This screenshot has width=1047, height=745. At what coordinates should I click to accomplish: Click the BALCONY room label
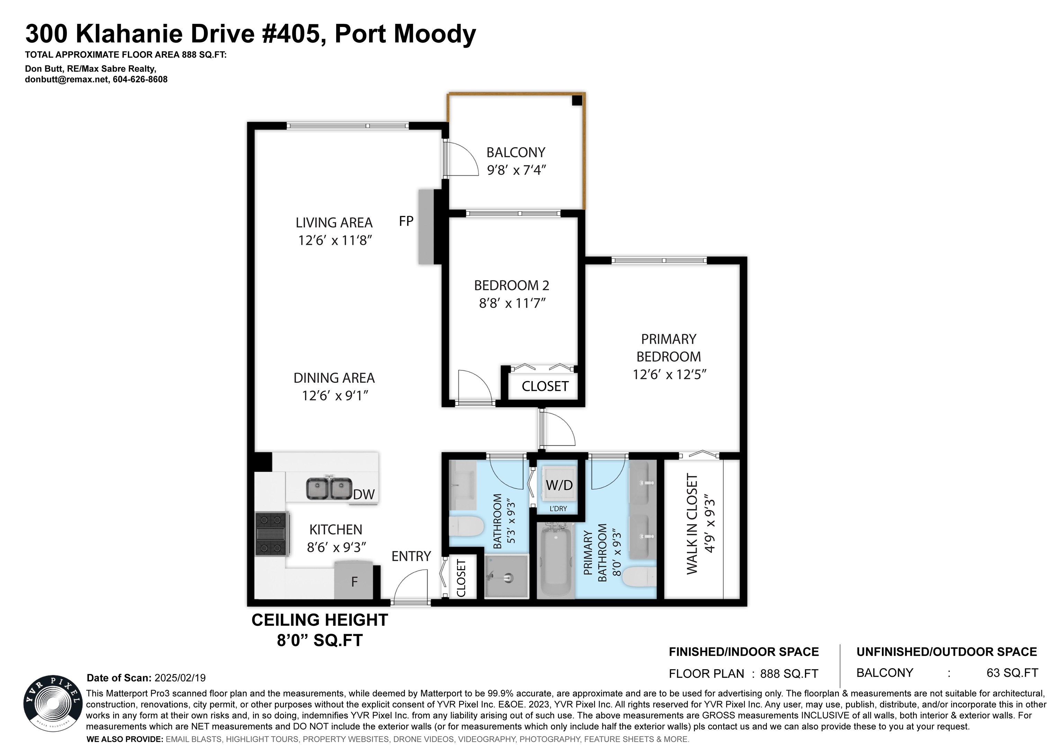tap(516, 152)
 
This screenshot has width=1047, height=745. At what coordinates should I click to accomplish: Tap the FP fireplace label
tap(406, 221)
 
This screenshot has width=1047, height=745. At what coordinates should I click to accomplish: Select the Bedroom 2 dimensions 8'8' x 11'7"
tap(512, 303)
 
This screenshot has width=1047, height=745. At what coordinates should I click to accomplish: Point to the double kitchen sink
tap(329, 488)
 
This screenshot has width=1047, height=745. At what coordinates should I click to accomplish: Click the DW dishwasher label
tap(364, 494)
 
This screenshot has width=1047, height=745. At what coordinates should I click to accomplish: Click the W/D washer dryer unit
tap(559, 485)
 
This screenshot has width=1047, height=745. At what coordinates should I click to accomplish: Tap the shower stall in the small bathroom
tap(507, 577)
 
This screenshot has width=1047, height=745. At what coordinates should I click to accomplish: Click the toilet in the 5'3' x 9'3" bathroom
tap(466, 526)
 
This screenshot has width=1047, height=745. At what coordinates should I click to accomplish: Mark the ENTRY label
tap(411, 556)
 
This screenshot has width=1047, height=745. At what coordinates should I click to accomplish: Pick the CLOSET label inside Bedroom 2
tap(545, 386)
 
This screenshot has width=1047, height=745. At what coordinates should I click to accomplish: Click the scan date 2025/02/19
tap(180, 677)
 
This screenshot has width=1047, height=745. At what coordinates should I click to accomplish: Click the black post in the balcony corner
tap(577, 100)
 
